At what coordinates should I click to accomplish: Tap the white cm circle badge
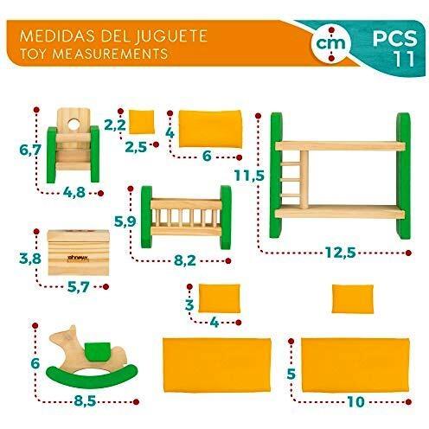[x=330, y=44]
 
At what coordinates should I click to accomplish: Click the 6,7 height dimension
[x=29, y=150]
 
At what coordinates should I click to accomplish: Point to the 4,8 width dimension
[x=74, y=192]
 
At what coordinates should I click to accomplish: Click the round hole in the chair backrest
[x=74, y=125]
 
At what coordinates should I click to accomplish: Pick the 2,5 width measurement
[x=136, y=147]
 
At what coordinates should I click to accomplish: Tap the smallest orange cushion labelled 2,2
[x=141, y=122]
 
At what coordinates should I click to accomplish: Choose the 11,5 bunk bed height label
[x=249, y=175]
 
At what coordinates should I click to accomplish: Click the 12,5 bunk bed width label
[x=340, y=253]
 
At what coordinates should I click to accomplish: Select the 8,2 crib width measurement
[x=185, y=260]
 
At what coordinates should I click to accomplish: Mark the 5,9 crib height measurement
[x=125, y=221]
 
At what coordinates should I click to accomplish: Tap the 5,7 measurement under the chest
[x=79, y=287]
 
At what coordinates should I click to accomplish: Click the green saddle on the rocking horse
[x=97, y=351]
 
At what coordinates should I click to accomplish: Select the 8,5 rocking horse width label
[x=85, y=400]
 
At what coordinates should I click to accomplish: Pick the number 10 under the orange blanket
[x=355, y=401]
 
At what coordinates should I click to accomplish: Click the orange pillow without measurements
[x=353, y=298]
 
